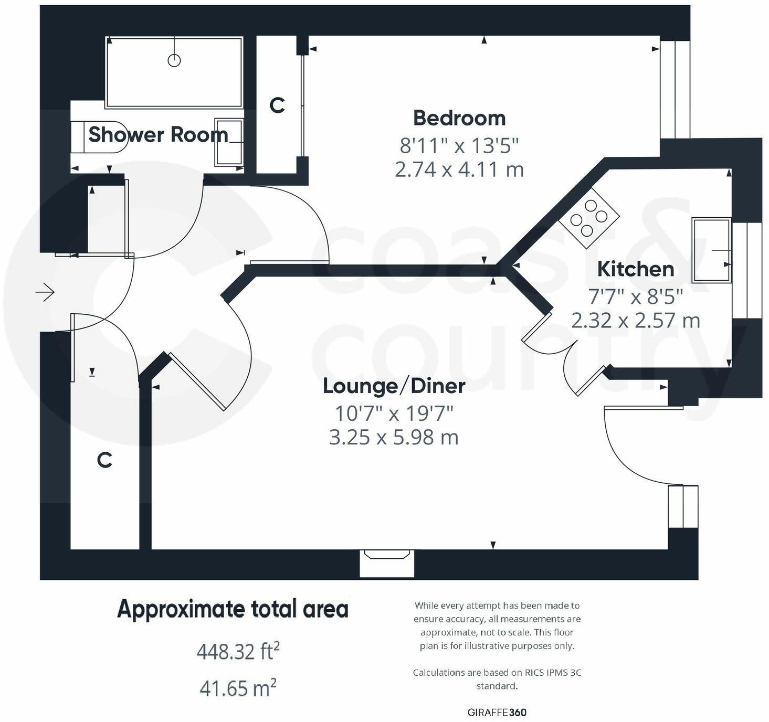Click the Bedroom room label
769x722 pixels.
pyautogui.click(x=459, y=118)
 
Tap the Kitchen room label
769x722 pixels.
pyautogui.click(x=635, y=269)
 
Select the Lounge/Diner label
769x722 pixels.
pyautogui.click(x=394, y=386)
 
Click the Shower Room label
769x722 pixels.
pyautogui.click(x=158, y=135)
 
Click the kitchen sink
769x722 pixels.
pyautogui.click(x=711, y=250)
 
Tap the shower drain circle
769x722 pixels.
pyautogui.click(x=174, y=60)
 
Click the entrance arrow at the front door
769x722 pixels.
pyautogui.click(x=46, y=292)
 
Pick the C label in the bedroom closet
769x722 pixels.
pyautogui.click(x=277, y=105)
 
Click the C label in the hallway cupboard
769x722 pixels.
pyautogui.click(x=104, y=460)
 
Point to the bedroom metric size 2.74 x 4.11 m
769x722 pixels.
pyautogui.click(x=459, y=169)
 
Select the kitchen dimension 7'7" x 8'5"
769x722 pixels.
pyautogui.click(x=635, y=297)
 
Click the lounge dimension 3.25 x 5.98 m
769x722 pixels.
pyautogui.click(x=394, y=437)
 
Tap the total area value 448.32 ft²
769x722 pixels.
pyautogui.click(x=238, y=652)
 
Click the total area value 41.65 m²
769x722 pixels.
pyautogui.click(x=238, y=688)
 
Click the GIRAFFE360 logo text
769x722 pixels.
pyautogui.click(x=497, y=712)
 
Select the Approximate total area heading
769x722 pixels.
pyautogui.click(x=233, y=609)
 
